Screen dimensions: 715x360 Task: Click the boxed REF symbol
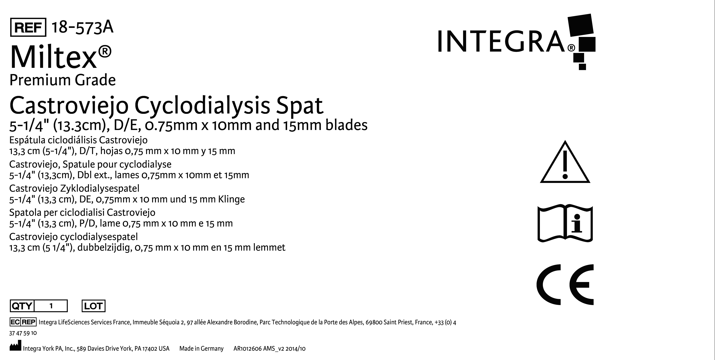pyautogui.click(x=28, y=27)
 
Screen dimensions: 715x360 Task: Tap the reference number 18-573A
pyautogui.click(x=82, y=27)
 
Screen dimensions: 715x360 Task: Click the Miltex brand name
pyautogui.click(x=61, y=57)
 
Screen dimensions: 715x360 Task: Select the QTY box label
pyautogui.click(x=22, y=306)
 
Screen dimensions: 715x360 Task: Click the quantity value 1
pyautogui.click(x=51, y=306)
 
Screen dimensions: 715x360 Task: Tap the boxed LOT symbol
pyautogui.click(x=93, y=306)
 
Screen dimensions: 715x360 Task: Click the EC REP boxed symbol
pyautogui.click(x=23, y=322)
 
